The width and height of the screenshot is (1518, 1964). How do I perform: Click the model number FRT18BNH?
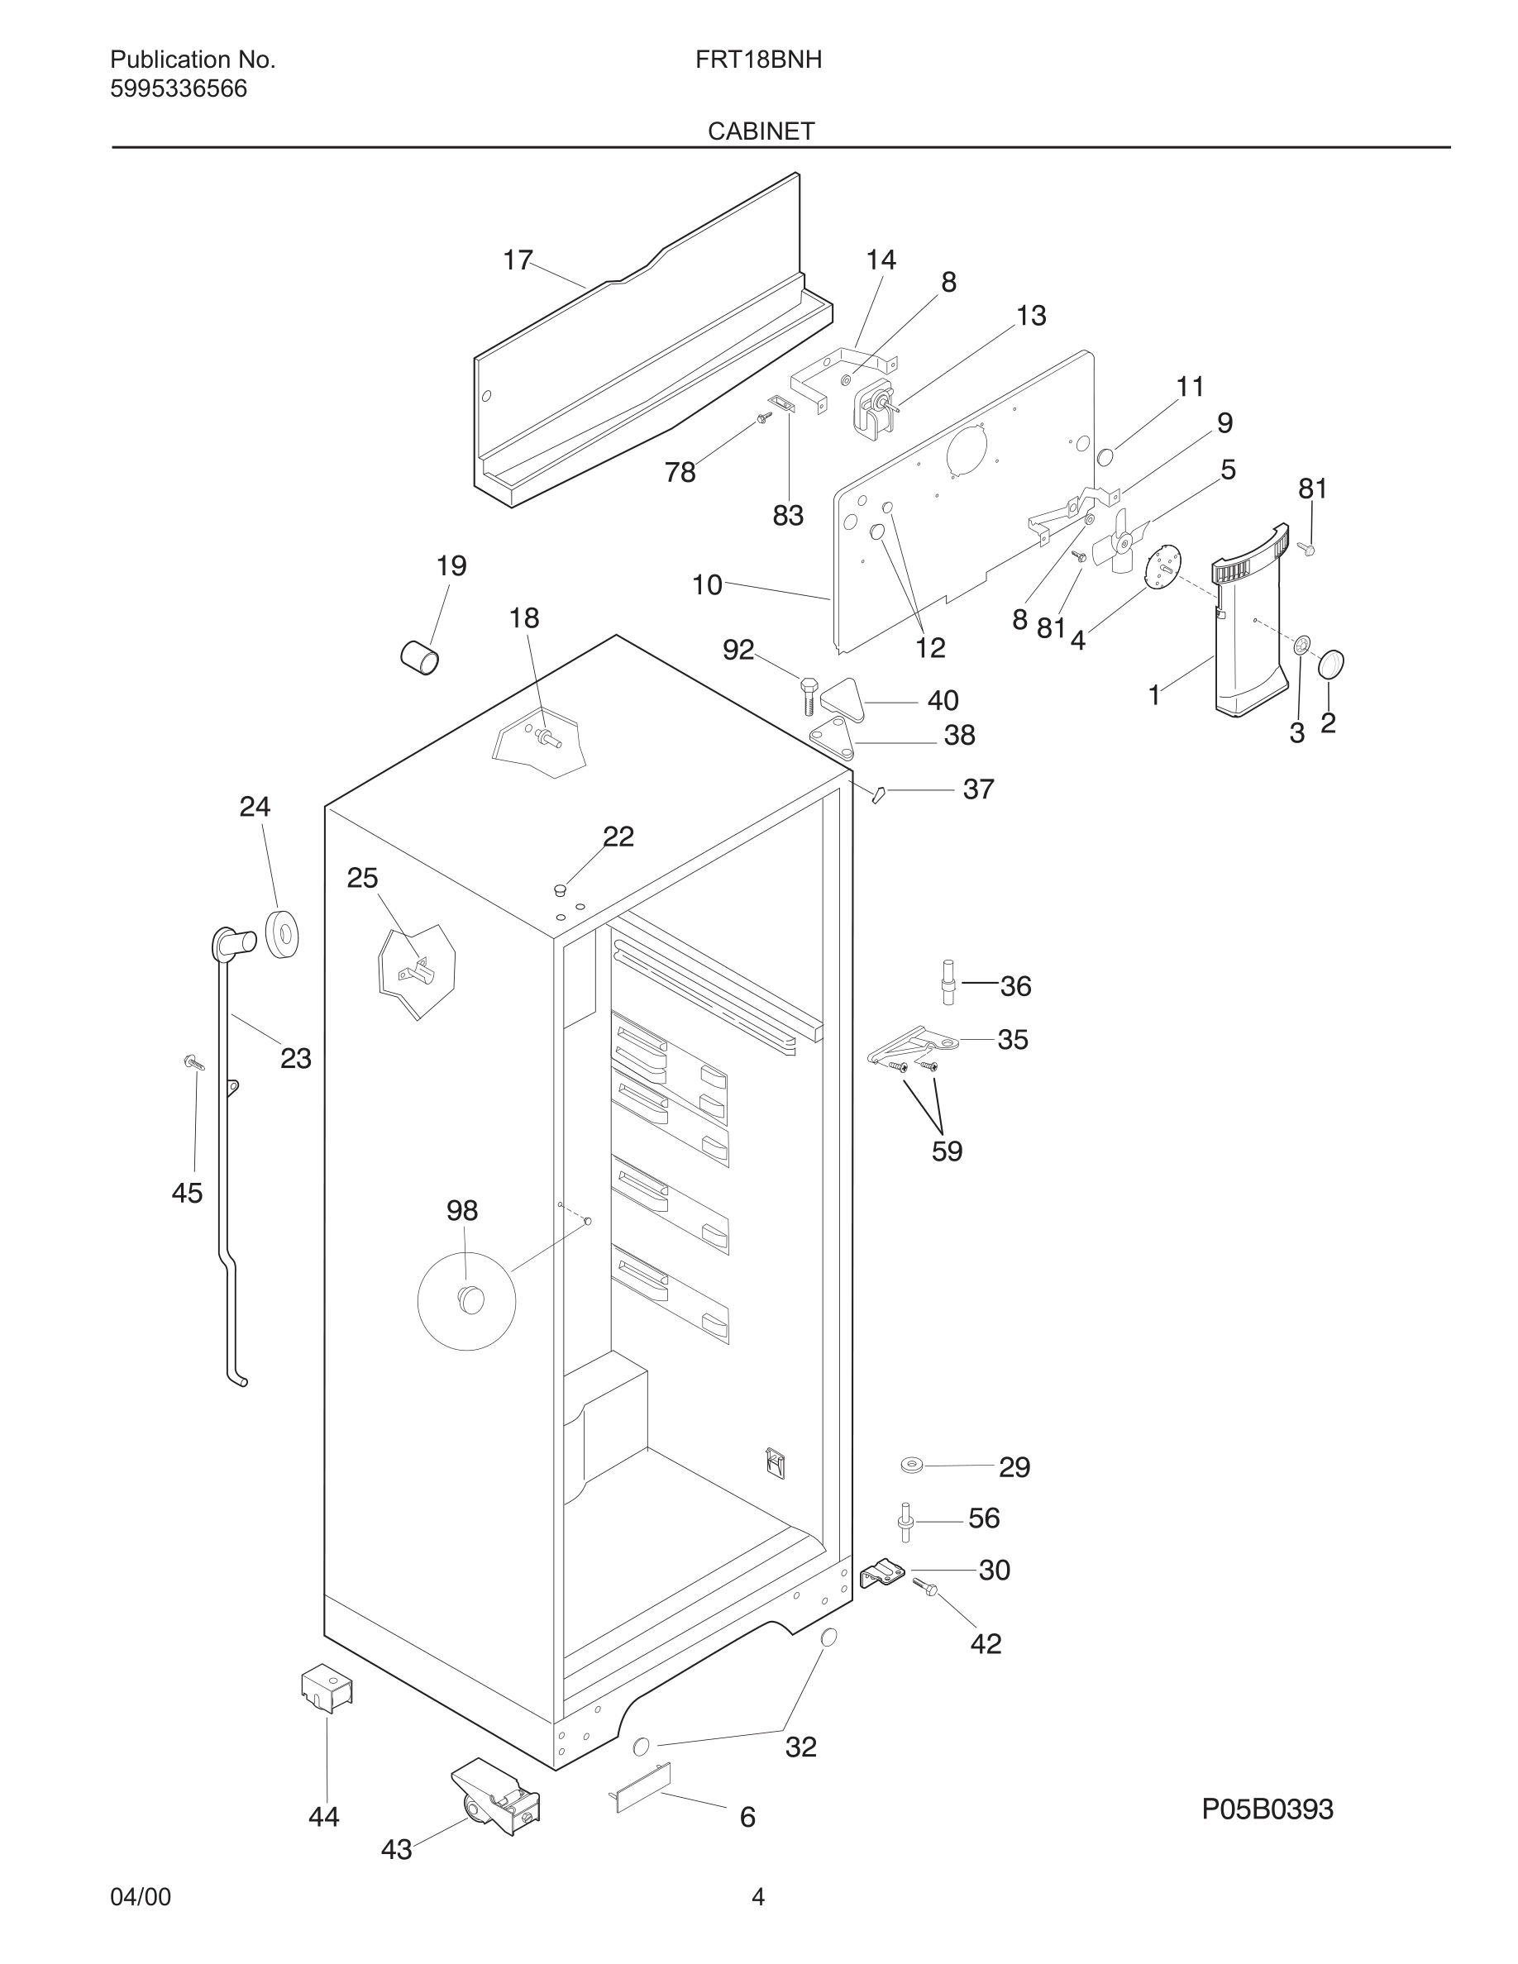[x=757, y=60]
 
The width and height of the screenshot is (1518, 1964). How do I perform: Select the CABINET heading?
[x=760, y=131]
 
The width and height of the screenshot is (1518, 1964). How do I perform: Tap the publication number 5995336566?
[x=178, y=89]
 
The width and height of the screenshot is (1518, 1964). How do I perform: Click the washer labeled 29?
[x=912, y=1466]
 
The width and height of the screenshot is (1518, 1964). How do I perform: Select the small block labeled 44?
[x=327, y=1688]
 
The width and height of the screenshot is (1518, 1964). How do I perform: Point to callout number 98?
[x=461, y=1210]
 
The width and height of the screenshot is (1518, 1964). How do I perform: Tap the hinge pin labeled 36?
[x=948, y=983]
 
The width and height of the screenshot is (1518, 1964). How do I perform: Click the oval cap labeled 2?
[x=1331, y=665]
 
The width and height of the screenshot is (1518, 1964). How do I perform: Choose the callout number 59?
[x=946, y=1151]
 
